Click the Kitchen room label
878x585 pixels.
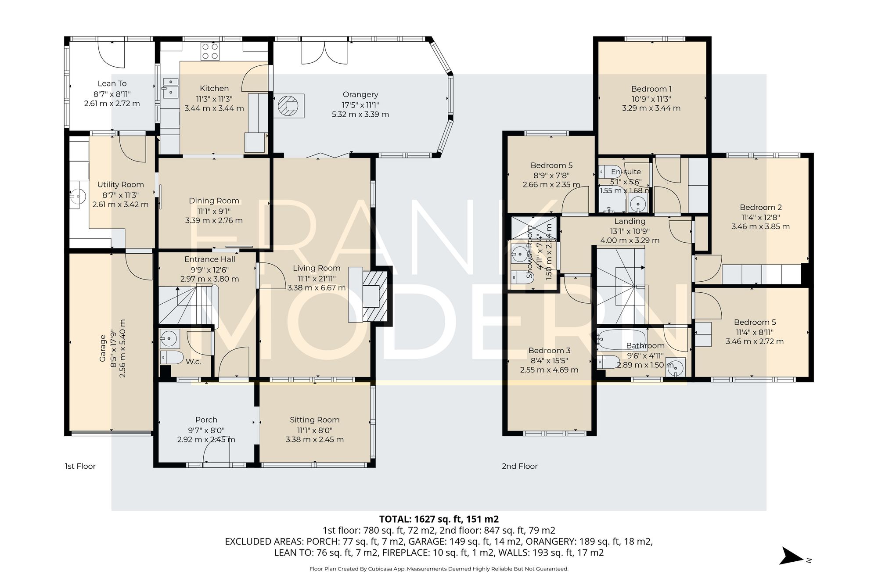[x=214, y=88]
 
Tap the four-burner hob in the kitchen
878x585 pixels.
[x=209, y=51]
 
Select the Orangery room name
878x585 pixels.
[x=360, y=94]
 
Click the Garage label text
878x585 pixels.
[x=103, y=348]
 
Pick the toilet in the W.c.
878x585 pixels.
[x=171, y=358]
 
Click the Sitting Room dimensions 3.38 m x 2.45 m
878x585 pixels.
[x=314, y=439]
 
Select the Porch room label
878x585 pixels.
[x=206, y=420]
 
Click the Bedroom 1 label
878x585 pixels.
[x=651, y=89]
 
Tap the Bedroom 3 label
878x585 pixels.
[x=549, y=350]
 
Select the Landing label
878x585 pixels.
[x=630, y=221]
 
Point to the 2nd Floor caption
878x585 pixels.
[x=519, y=466]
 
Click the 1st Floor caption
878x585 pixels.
[x=80, y=466]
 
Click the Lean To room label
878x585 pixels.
[x=112, y=83]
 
